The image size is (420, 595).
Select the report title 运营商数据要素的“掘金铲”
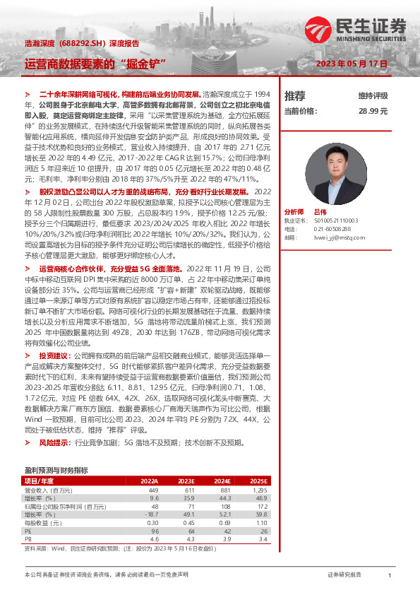pos(95,63)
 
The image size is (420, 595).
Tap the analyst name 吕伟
pos(320,192)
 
